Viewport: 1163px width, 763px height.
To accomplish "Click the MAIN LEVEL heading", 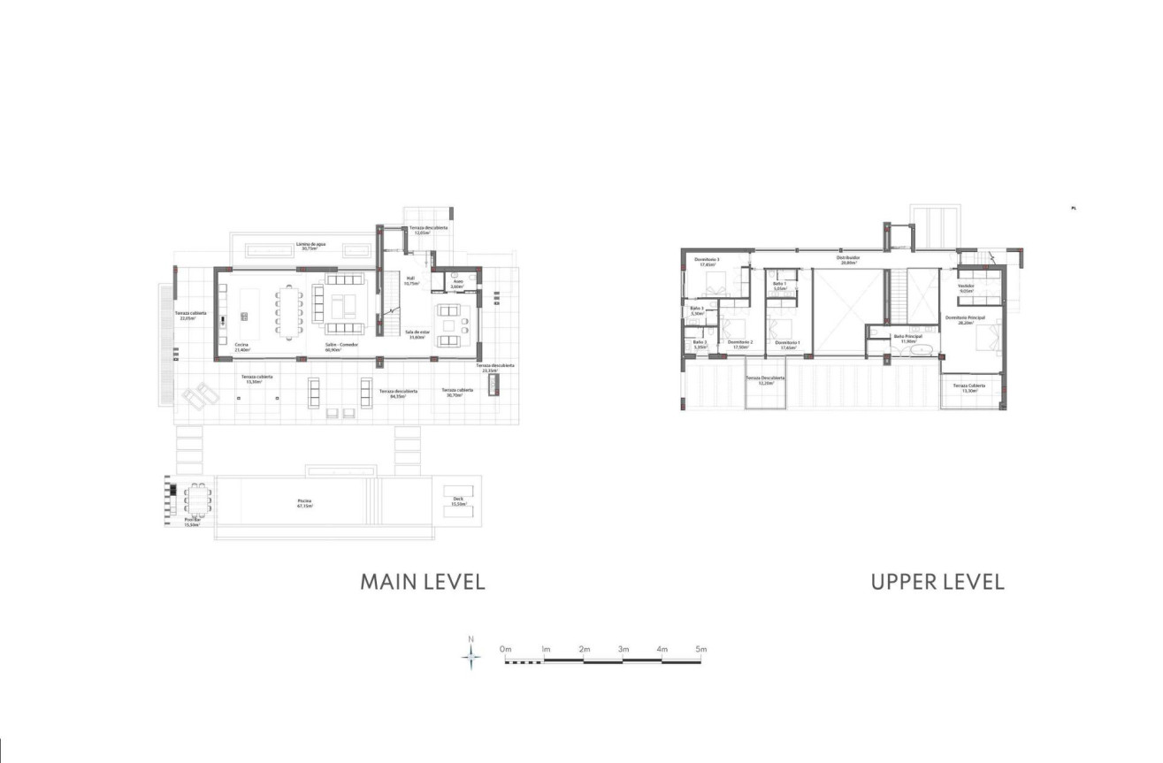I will [423, 582].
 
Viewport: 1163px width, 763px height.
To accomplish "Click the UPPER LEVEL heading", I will [937, 582].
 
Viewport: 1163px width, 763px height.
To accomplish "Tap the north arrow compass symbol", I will [472, 654].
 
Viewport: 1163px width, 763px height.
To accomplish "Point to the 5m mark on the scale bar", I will [700, 650].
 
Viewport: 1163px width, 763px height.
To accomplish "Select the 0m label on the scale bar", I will [506, 650].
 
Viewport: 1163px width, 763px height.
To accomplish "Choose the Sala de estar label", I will [417, 334].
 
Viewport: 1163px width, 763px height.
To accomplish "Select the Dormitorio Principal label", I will [965, 320].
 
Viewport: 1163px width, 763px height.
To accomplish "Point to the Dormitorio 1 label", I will [787, 345].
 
